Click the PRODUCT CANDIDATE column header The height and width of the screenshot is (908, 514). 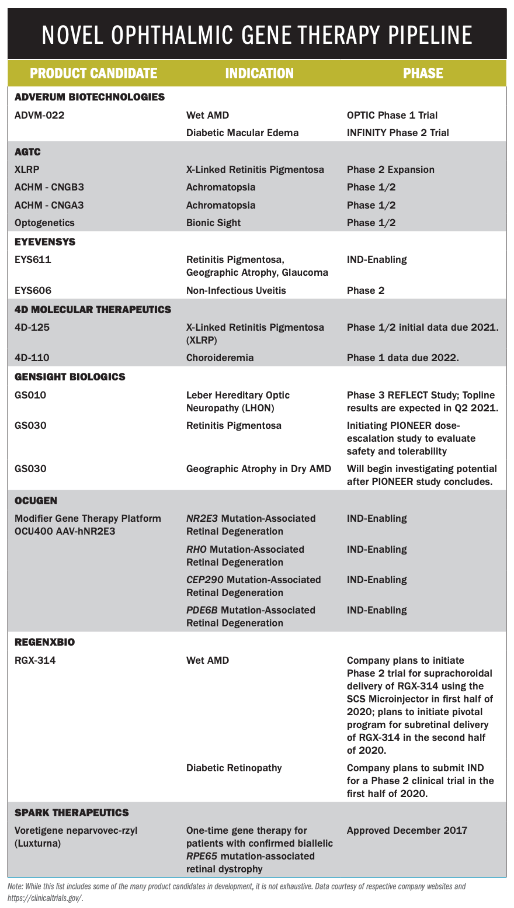click(93, 73)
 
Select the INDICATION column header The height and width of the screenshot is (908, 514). click(259, 73)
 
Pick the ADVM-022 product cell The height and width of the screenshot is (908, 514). click(39, 115)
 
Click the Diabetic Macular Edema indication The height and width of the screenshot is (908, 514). click(242, 133)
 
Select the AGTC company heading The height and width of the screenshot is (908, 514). click(27, 151)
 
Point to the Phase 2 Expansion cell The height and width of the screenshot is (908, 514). click(391, 169)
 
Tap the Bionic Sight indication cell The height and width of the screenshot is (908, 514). click(214, 223)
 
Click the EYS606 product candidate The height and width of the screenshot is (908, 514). click(33, 290)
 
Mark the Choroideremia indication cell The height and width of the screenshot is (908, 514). click(220, 358)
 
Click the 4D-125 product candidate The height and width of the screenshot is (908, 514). click(32, 327)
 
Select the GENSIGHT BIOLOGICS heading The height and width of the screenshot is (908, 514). click(70, 377)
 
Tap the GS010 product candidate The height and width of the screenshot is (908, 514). click(30, 395)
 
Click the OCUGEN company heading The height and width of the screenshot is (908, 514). click(36, 500)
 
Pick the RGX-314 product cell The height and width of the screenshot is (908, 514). click(36, 660)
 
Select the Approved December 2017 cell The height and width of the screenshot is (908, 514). click(407, 830)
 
